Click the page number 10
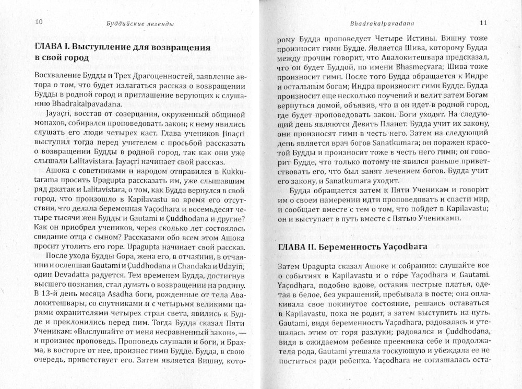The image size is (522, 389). tap(39, 22)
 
